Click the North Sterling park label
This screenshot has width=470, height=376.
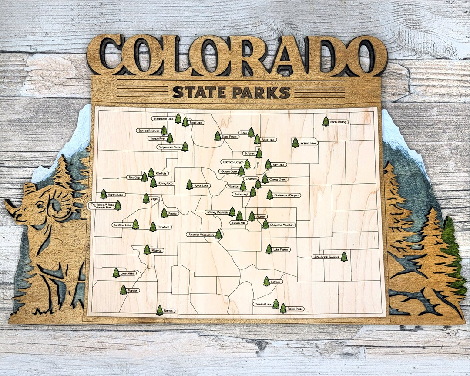(338, 122)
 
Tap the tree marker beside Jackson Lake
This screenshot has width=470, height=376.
(295, 142)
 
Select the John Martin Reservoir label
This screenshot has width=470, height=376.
(326, 257)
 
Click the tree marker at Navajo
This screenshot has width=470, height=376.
(160, 310)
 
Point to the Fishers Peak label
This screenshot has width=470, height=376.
(295, 309)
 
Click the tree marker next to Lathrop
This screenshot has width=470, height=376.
(266, 281)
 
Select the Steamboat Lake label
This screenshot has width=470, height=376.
(163, 118)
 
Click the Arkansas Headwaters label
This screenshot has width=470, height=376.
(201, 235)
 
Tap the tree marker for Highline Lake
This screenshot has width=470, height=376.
(104, 194)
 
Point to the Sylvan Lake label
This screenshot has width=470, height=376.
(201, 185)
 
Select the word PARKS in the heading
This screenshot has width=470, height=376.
(261, 92)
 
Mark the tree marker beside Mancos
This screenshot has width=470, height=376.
(123, 290)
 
